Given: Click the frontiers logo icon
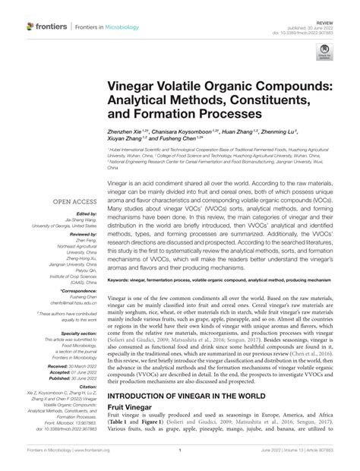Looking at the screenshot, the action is point(30,27).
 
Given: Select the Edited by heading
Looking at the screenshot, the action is point(82,213).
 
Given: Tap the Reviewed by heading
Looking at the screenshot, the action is point(78,235).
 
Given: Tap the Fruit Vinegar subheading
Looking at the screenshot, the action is point(135,407).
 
